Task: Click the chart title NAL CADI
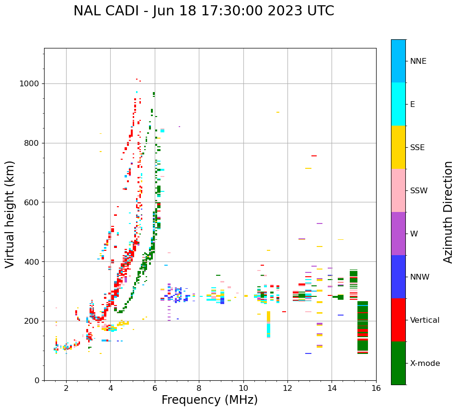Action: pos(204,11)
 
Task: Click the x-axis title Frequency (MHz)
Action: pos(209,400)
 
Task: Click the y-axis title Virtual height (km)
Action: pos(10,214)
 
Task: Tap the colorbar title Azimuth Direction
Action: pos(448,212)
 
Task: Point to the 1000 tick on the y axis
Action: pos(32,83)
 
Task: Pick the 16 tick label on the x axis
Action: pos(376,388)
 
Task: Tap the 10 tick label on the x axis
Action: pos(243,388)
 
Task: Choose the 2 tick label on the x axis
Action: pos(66,388)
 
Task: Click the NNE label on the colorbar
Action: pos(418,61)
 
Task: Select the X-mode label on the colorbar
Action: pos(425,364)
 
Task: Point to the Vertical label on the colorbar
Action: pos(425,320)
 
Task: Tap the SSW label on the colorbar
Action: pos(419,191)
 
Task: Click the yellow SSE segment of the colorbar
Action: pos(398,147)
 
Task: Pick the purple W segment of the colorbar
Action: pos(398,234)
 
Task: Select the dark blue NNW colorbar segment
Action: pos(398,277)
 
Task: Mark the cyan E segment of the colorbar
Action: pos(398,104)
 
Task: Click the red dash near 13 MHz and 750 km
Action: pos(314,156)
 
